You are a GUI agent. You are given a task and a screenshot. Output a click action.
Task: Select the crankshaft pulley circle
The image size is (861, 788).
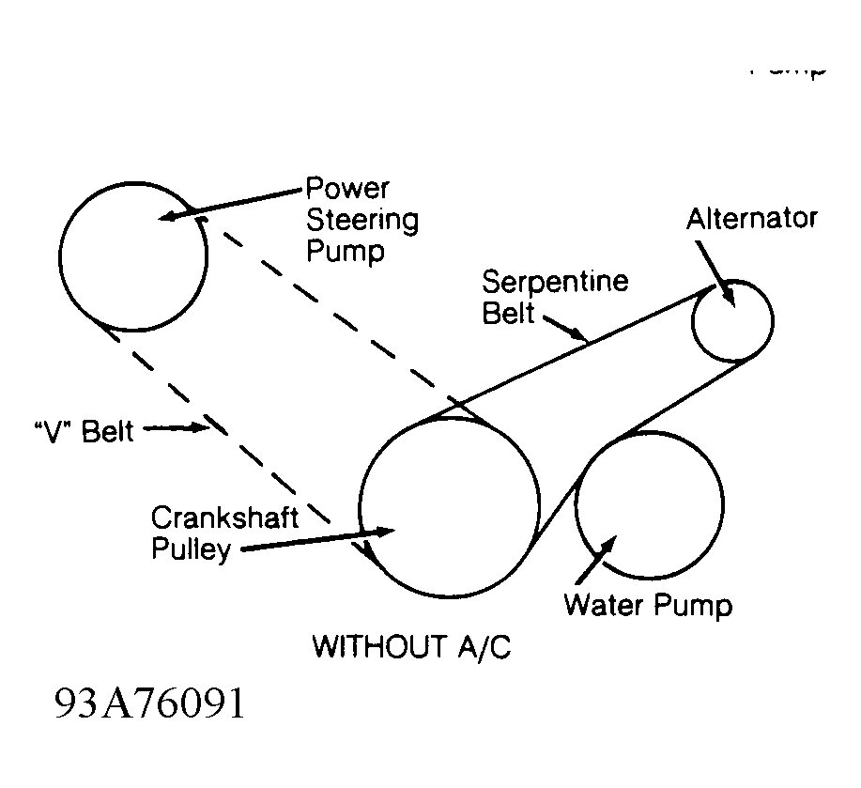[x=449, y=506]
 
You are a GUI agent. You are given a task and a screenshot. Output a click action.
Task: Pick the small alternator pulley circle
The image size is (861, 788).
[x=732, y=320]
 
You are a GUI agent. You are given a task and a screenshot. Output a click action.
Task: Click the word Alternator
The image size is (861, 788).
[x=751, y=219]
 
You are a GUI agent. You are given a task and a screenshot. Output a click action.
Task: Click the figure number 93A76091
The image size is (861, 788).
[x=150, y=703]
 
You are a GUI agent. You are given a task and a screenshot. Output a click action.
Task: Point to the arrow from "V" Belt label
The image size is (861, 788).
[x=178, y=429]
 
